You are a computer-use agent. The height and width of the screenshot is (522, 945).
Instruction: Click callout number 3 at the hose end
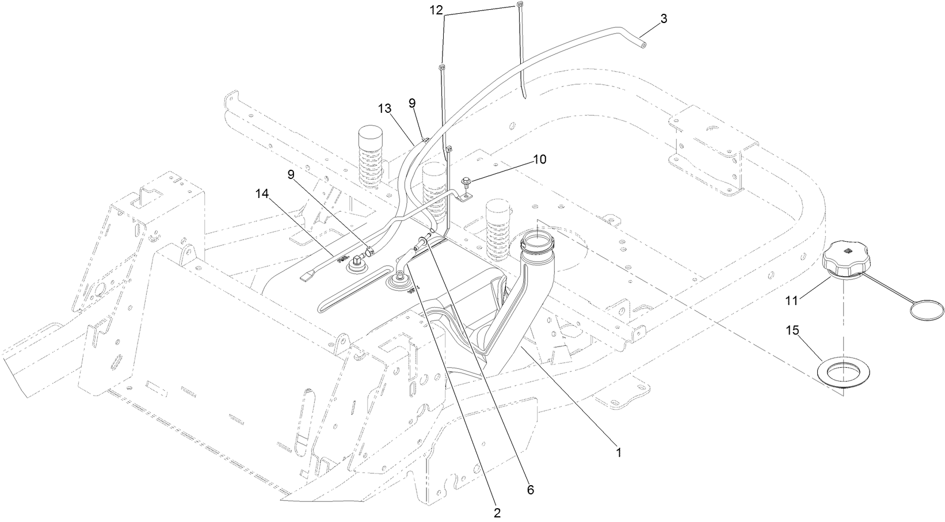click(664, 18)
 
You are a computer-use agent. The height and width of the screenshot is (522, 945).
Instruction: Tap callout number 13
click(384, 108)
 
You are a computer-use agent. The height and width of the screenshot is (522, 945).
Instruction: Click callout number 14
click(262, 195)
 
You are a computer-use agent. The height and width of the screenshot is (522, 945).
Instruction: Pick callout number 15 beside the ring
click(792, 330)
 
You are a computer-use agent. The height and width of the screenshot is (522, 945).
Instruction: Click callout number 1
click(619, 452)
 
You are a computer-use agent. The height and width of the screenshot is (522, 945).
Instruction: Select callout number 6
click(530, 490)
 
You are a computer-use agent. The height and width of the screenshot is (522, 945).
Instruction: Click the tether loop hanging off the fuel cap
click(927, 310)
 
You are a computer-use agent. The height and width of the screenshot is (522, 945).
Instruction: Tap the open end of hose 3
click(643, 43)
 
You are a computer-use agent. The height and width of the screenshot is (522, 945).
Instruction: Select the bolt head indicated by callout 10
click(468, 184)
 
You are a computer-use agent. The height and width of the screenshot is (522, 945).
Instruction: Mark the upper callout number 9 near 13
click(411, 103)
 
